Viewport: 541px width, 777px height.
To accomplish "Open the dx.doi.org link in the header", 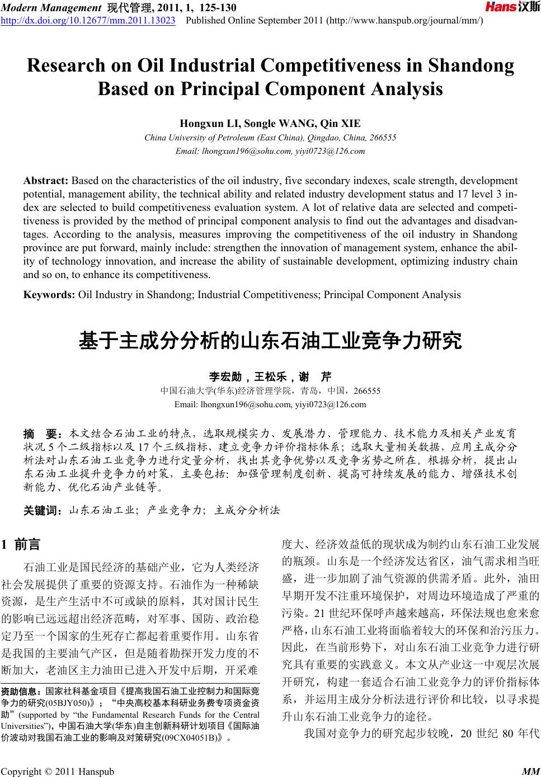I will [89, 21].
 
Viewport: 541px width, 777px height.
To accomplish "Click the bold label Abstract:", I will [46, 181].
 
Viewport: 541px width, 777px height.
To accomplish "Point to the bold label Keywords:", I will [49, 294].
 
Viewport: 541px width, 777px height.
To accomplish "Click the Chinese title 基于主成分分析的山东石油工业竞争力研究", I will [270, 340].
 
